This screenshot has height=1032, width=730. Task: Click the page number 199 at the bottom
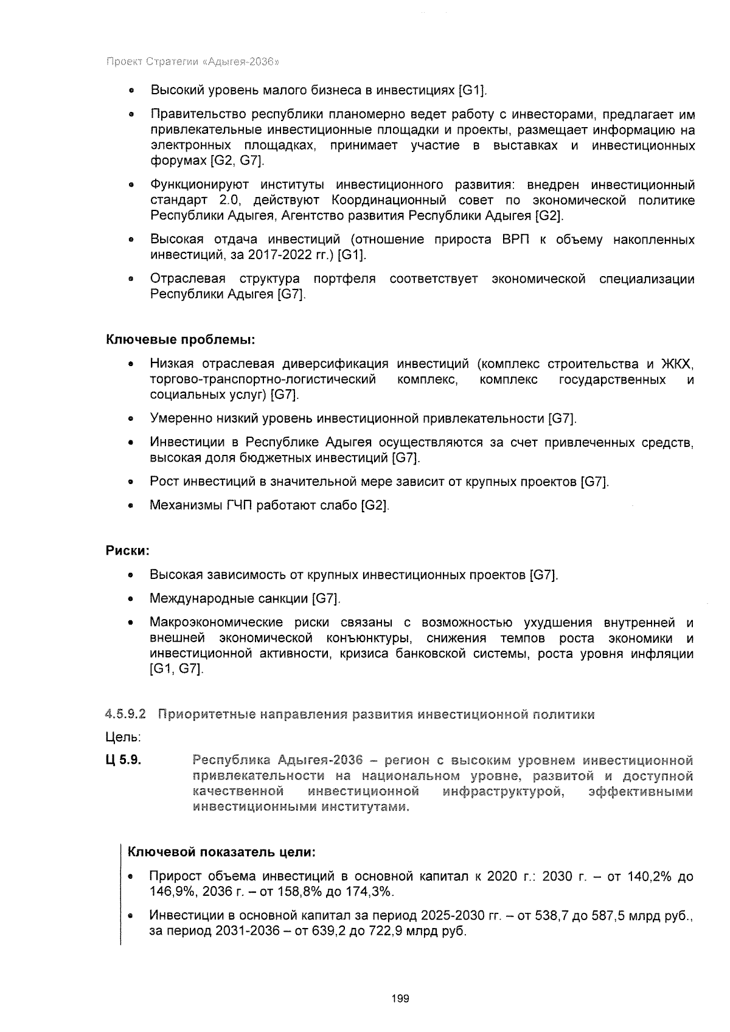point(401,999)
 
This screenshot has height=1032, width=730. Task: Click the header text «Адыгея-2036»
point(243,61)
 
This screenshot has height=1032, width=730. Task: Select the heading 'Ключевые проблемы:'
point(180,338)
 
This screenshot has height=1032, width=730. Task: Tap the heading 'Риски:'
point(128,550)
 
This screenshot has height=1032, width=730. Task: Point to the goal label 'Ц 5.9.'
point(125,760)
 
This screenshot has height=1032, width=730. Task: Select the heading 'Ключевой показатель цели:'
point(221,852)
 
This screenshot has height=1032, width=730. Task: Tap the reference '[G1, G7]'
point(176,669)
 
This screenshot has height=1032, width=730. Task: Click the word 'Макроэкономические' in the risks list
point(216,622)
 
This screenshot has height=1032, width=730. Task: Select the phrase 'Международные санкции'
point(229,598)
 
